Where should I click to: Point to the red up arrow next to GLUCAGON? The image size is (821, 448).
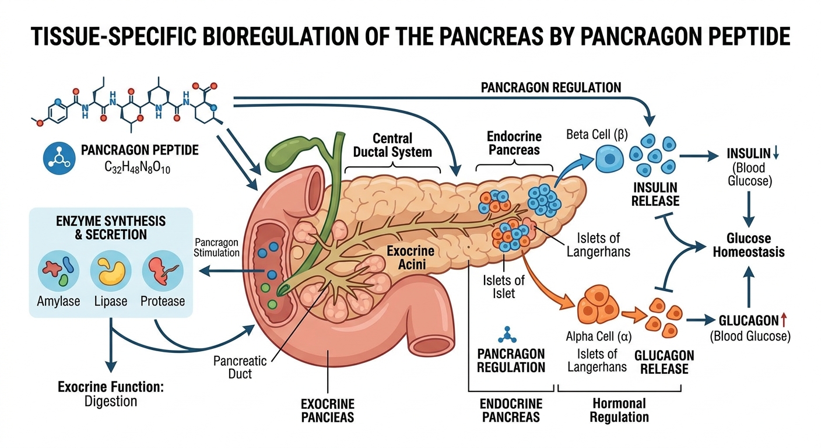pos(784,320)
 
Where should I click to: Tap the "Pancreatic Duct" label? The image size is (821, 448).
pos(240,366)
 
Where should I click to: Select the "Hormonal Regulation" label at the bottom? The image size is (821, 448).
pos(619,409)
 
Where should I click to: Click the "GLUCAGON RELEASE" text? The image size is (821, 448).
pos(664,362)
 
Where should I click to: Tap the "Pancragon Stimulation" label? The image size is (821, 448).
pos(217,247)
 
